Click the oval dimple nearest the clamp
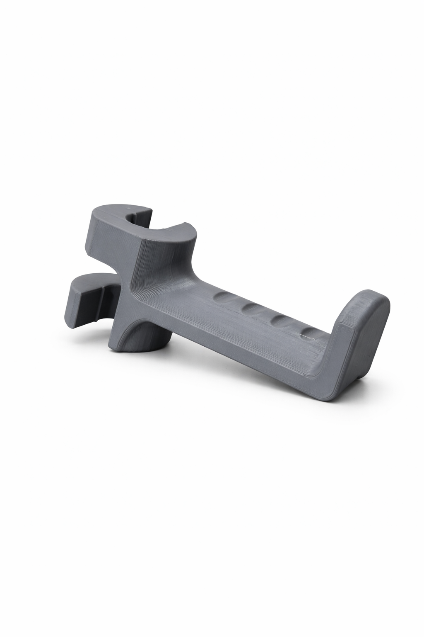[224, 297]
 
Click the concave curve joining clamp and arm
[174, 265]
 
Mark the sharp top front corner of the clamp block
[141, 241]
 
